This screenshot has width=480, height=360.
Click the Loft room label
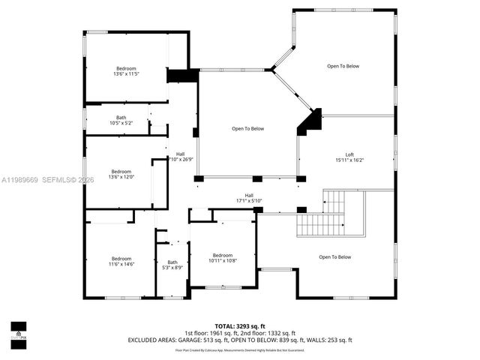349,154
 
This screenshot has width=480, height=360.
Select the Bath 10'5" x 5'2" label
121,120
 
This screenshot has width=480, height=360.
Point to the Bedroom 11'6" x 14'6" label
121,262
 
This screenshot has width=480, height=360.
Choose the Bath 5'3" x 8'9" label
172,264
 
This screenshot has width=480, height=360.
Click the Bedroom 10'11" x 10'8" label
223,257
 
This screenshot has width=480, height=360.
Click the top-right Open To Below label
343,66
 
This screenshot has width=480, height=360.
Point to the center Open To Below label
247,129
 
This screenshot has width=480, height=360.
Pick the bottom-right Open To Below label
334,257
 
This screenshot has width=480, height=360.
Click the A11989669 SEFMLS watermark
48,180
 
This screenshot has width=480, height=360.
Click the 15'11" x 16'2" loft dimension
349,160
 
